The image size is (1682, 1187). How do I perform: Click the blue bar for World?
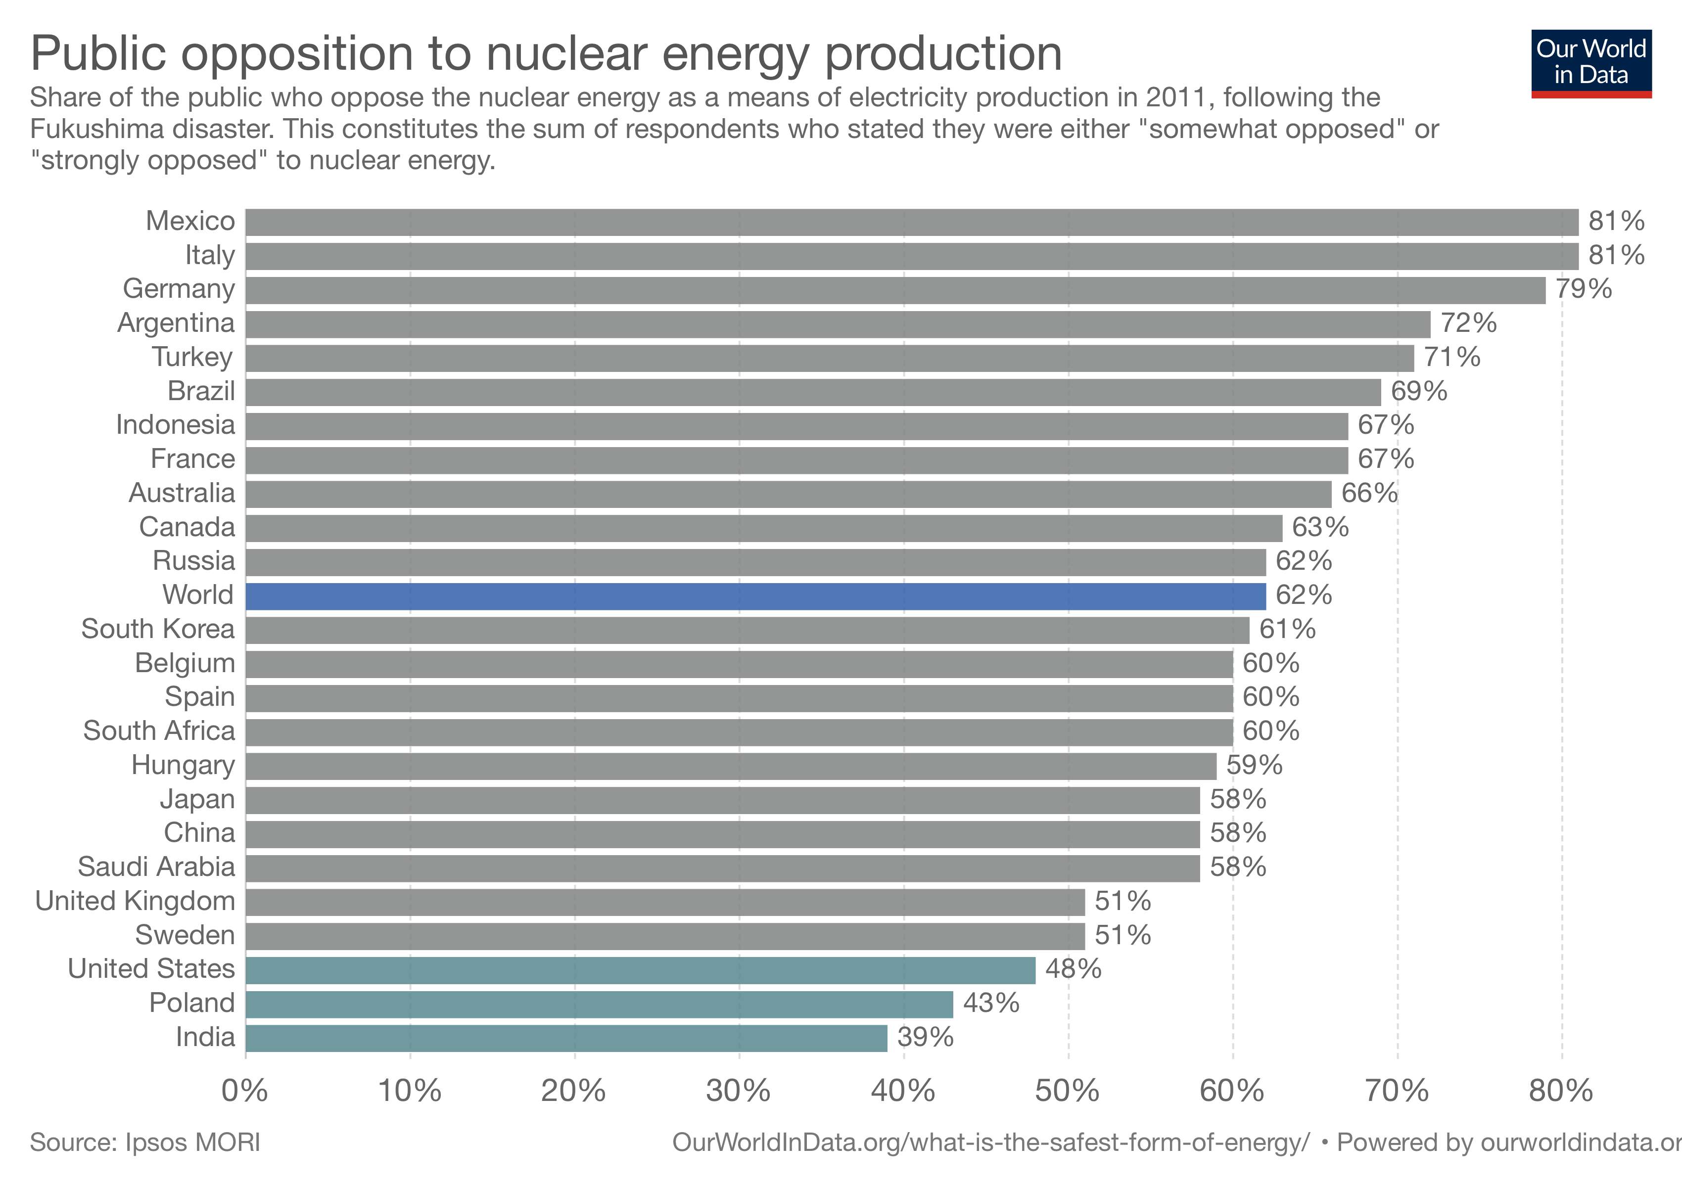click(754, 596)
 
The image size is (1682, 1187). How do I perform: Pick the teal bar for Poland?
click(599, 1004)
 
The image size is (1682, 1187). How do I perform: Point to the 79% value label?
click(1583, 289)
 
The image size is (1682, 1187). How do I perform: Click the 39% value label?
click(925, 1038)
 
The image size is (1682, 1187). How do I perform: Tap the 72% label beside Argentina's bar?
click(1468, 323)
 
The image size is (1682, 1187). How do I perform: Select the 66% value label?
click(1368, 494)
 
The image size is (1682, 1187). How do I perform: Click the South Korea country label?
click(157, 629)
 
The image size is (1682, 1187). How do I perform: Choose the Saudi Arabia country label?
click(156, 867)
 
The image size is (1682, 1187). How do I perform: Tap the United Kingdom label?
click(135, 902)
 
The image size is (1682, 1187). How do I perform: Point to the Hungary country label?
click(183, 765)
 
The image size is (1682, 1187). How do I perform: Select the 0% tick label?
click(245, 1091)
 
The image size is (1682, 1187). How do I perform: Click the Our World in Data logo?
click(1590, 63)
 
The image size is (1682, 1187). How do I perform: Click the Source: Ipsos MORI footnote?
click(145, 1143)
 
